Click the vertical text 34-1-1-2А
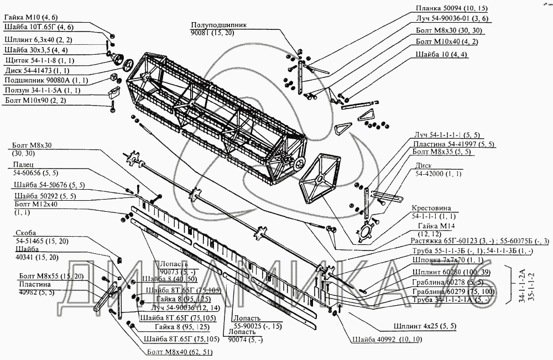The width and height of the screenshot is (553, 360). coord(522,285)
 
